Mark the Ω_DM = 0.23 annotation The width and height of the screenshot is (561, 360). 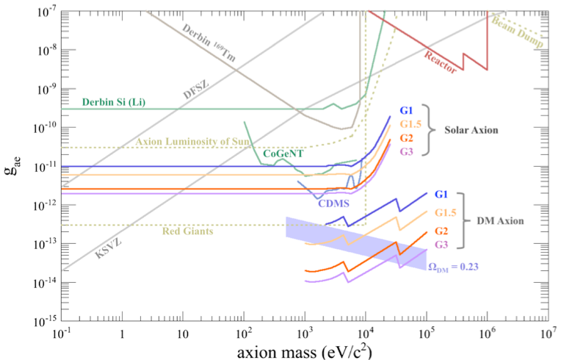coord(459,267)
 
